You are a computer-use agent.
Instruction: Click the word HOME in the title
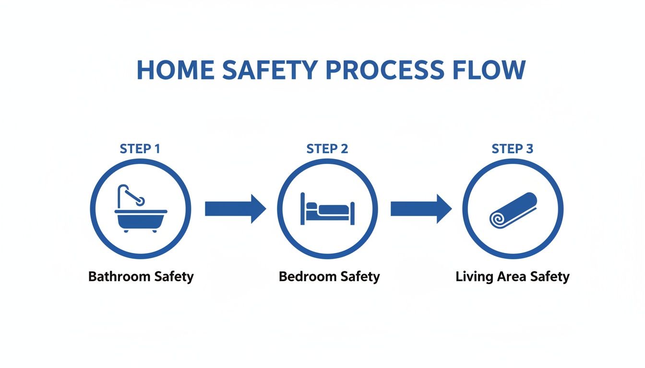[x=176, y=70]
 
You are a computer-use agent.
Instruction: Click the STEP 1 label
[x=140, y=149]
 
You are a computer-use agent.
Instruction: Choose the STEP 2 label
[x=327, y=149]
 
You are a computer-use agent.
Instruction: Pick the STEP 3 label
[x=513, y=149]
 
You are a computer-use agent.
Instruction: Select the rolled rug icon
[x=513, y=210]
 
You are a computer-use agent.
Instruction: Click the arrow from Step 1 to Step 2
[x=235, y=209]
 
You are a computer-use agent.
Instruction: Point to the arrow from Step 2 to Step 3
[x=421, y=209]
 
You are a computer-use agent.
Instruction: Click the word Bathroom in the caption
[x=119, y=276]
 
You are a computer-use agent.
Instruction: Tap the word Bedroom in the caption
[x=308, y=276]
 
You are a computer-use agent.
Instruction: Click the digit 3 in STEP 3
[x=529, y=149]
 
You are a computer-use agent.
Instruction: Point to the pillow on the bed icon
[x=312, y=206]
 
